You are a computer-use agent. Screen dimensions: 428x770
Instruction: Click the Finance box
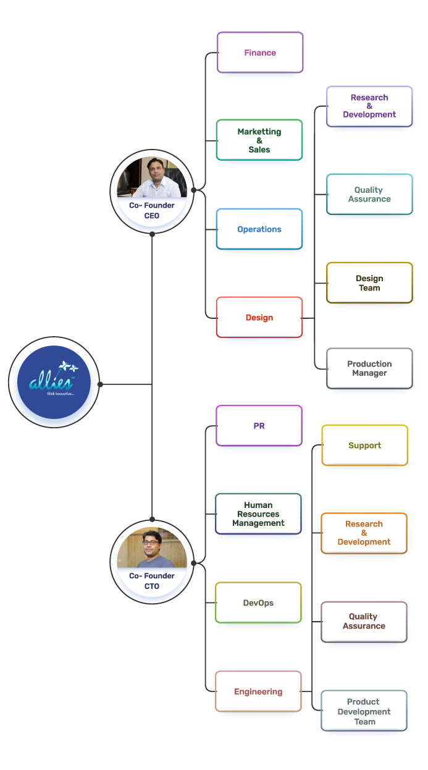click(260, 53)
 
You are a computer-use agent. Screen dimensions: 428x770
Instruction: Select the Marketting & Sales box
click(259, 140)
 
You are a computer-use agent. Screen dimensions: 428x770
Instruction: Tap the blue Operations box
click(259, 229)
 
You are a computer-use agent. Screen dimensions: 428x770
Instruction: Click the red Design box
click(259, 318)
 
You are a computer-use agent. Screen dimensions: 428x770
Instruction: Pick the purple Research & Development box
click(369, 106)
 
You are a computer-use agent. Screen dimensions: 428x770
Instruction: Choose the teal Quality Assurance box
click(369, 195)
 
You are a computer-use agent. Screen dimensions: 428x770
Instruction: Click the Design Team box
click(369, 283)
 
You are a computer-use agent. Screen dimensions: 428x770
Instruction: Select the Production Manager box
click(369, 368)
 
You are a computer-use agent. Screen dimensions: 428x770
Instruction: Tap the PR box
click(259, 426)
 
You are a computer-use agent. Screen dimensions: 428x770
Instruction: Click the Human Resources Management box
click(258, 514)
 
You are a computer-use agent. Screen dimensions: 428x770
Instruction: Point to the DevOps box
click(258, 603)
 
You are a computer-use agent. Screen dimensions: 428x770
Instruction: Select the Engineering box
click(258, 692)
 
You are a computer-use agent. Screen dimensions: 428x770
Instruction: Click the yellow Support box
click(365, 446)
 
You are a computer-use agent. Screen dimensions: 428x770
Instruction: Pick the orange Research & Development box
click(364, 533)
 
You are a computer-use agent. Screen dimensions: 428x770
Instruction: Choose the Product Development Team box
click(364, 711)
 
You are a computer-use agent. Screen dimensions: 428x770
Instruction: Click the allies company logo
click(54, 383)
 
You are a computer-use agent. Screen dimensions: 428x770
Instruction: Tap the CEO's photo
click(152, 177)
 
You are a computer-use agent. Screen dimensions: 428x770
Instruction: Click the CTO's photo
click(152, 548)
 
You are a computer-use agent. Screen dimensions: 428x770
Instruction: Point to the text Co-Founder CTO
click(152, 581)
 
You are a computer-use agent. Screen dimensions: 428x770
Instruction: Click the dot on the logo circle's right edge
click(100, 384)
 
